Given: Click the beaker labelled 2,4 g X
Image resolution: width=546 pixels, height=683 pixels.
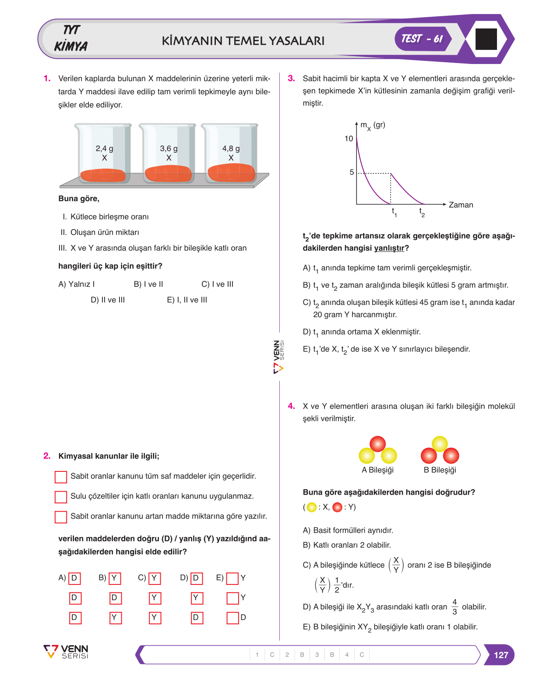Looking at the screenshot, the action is [x=103, y=152].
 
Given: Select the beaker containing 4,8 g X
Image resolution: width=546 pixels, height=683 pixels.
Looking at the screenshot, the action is [x=230, y=152].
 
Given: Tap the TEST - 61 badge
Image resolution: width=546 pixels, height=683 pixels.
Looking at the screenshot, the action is [x=422, y=39].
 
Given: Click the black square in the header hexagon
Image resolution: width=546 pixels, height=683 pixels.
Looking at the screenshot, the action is [x=486, y=39].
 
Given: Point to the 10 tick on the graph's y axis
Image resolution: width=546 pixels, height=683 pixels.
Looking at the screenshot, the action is [x=349, y=138].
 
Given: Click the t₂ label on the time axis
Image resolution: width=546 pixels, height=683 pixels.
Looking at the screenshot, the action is [x=422, y=212].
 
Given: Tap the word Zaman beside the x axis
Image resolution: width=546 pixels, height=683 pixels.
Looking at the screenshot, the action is [x=460, y=205].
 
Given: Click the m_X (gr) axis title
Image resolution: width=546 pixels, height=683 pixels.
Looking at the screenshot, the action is [x=373, y=126].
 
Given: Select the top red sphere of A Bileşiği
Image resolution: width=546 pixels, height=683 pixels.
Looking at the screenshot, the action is [x=377, y=444].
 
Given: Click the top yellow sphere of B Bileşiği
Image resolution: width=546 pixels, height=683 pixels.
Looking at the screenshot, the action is [x=440, y=444].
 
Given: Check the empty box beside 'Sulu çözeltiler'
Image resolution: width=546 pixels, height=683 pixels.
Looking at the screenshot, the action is [x=60, y=497].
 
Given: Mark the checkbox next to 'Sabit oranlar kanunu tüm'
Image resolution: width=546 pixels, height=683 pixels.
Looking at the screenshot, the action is [x=60, y=477].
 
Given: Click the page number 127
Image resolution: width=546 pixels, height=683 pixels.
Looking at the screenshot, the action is [x=500, y=655].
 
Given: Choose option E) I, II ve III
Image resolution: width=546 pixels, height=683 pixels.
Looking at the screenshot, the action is [x=187, y=300].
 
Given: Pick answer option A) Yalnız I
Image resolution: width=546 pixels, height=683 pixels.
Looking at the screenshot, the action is [x=77, y=284].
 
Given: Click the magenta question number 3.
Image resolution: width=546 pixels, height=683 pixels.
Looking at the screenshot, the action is [x=291, y=78].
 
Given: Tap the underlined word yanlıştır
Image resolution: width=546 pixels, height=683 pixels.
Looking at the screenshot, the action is [x=389, y=248].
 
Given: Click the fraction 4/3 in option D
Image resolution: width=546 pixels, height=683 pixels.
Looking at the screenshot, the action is [x=454, y=606].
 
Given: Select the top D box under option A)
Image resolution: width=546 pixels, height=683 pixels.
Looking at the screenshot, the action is [x=74, y=578].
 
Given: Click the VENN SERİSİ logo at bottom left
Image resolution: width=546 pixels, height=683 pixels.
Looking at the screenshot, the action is [x=66, y=652].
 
